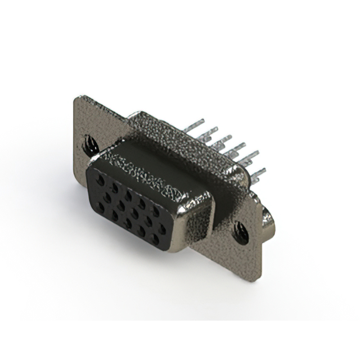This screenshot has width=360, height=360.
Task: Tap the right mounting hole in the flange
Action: point(242,231)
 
